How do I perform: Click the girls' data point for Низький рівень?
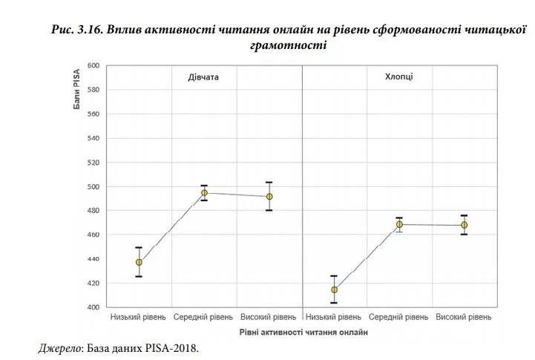pyautogui.click(x=139, y=262)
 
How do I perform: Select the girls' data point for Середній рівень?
pyautogui.click(x=204, y=193)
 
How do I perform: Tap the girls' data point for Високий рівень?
pyautogui.click(x=269, y=197)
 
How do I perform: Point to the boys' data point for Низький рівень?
pyautogui.click(x=334, y=290)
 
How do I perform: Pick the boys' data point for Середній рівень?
pyautogui.click(x=399, y=224)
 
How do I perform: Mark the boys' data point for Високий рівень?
pyautogui.click(x=464, y=225)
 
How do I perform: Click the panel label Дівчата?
pyautogui.click(x=202, y=77)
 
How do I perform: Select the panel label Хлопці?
pyautogui.click(x=399, y=77)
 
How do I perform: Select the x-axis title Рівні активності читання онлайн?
pyautogui.click(x=303, y=333)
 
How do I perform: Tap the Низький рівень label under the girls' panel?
pyautogui.click(x=139, y=318)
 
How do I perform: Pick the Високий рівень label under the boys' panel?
pyautogui.click(x=464, y=318)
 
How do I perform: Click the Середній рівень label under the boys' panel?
pyautogui.click(x=399, y=318)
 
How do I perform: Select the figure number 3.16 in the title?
pyautogui.click(x=89, y=30)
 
